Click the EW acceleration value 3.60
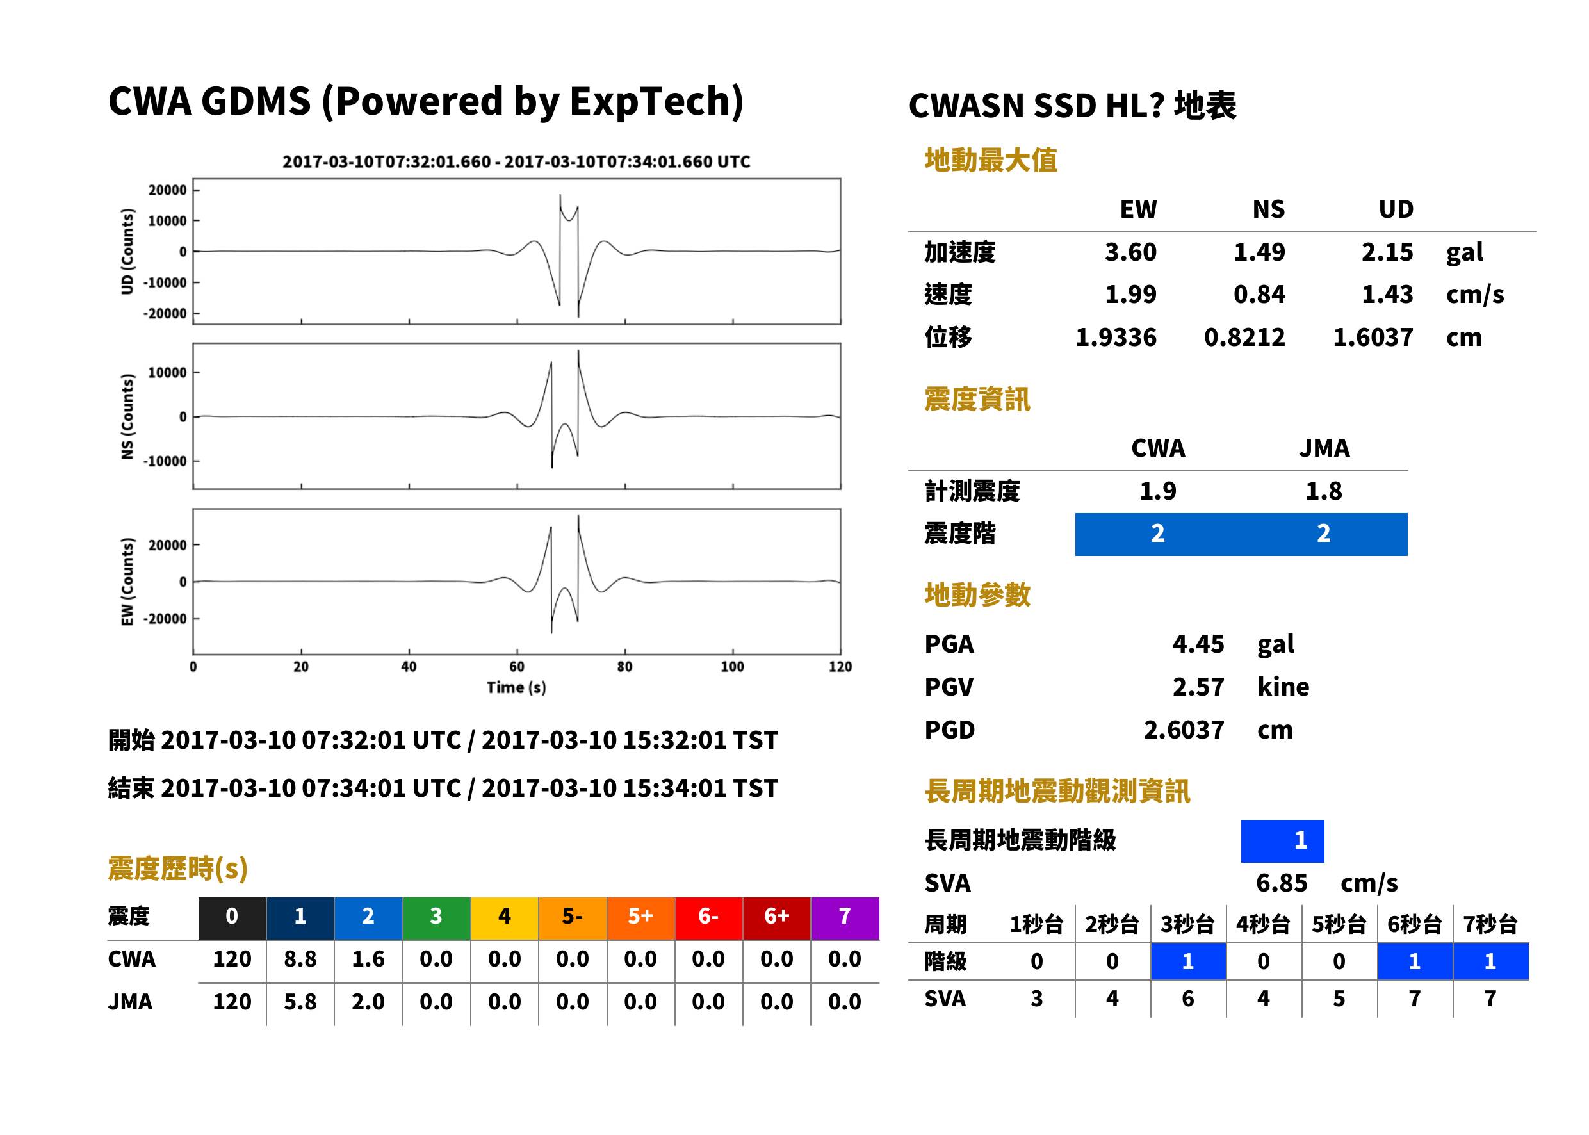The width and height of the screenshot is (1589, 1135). click(x=1130, y=252)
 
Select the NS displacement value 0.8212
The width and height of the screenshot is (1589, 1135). click(x=1244, y=337)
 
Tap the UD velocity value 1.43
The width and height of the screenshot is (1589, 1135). click(x=1387, y=294)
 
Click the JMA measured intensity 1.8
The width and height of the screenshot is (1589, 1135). click(x=1323, y=491)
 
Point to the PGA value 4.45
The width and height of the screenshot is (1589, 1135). click(x=1198, y=644)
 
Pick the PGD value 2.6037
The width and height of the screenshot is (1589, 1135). click(x=1184, y=730)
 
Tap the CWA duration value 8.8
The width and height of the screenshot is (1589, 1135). click(x=300, y=959)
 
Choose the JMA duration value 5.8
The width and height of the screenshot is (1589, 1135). click(x=300, y=1002)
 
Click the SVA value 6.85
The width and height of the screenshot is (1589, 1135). click(x=1282, y=883)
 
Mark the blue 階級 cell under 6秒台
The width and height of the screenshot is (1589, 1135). click(x=1414, y=961)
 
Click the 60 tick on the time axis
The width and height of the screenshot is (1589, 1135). click(x=516, y=666)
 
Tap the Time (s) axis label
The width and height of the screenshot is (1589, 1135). click(x=516, y=687)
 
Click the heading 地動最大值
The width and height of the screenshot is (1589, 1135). click(x=990, y=160)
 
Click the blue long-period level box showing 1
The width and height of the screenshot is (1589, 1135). click(x=1282, y=841)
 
